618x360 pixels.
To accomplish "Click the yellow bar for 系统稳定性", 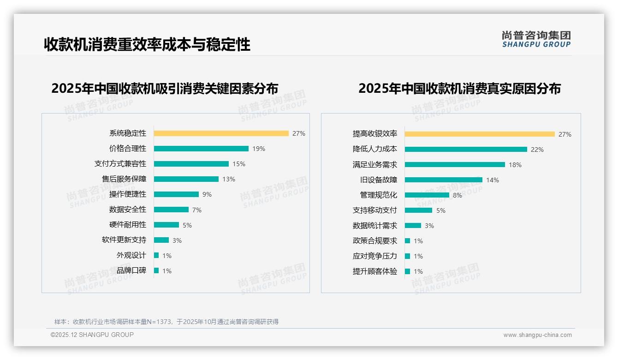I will coord(221,133).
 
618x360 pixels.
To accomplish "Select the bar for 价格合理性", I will coord(201,149).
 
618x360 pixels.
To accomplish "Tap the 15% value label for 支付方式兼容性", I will coord(239,164).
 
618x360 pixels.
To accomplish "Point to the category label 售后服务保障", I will coord(124,179).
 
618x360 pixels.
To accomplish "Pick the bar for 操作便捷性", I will coord(176,194).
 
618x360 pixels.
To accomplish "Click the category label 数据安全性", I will coord(128,210).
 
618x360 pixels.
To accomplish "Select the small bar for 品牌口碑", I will coord(156,270).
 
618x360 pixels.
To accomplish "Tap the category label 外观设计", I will coord(131,255).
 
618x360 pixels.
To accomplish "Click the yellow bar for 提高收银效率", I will coord(480,134).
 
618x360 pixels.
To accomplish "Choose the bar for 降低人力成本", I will coord(466,150).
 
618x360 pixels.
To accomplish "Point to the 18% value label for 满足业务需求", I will coord(515,165).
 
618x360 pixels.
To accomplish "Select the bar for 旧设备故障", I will coord(444,180).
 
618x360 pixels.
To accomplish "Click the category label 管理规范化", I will coord(379,195).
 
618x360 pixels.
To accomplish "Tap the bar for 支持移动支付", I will coord(418,210).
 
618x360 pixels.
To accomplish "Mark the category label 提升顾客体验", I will coord(375,271).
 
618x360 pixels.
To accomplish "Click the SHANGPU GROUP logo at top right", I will coord(536,39).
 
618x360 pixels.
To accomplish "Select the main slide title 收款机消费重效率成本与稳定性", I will coord(147,44).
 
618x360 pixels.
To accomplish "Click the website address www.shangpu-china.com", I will coord(537,335).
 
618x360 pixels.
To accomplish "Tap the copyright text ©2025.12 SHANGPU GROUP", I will coord(92,335).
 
